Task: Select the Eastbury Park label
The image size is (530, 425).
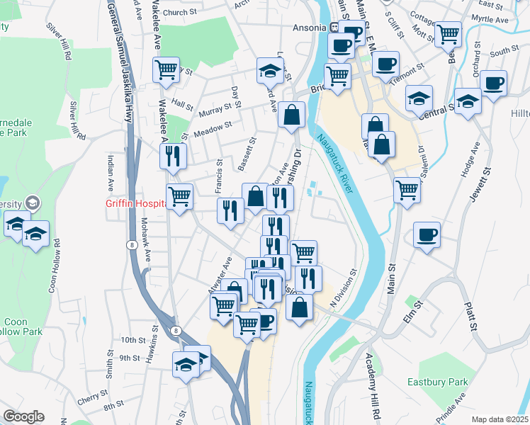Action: pyautogui.click(x=437, y=382)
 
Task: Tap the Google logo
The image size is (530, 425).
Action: pyautogui.click(x=23, y=416)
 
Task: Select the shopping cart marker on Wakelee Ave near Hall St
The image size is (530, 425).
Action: pyautogui.click(x=167, y=70)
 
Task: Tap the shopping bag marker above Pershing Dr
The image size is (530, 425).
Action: pyautogui.click(x=291, y=114)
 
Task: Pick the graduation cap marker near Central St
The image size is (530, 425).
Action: pyautogui.click(x=468, y=101)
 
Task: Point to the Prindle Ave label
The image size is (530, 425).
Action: pyautogui.click(x=451, y=407)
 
